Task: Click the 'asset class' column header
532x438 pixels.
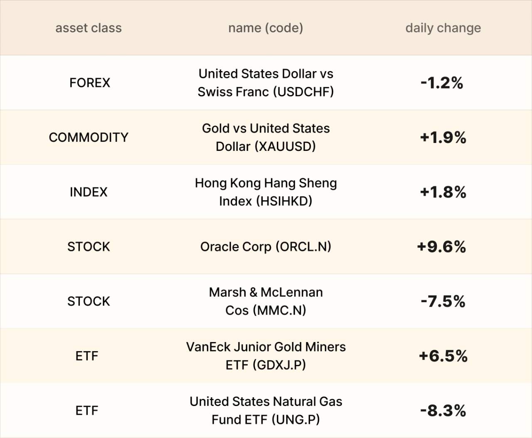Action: [x=89, y=28]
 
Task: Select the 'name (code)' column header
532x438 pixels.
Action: [x=266, y=28]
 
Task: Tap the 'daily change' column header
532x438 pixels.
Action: [x=443, y=28]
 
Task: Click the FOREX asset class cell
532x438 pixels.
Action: [x=90, y=83]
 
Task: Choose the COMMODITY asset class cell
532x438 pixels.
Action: [x=89, y=137]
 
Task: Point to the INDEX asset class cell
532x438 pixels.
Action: [x=89, y=192]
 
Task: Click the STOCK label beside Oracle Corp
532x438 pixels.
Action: [x=89, y=246]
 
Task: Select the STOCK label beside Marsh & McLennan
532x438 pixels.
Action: [x=89, y=301]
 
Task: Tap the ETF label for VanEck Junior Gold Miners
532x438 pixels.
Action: [x=87, y=356]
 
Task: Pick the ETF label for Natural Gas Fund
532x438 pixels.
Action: [x=87, y=411]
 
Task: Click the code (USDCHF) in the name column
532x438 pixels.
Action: [x=303, y=92]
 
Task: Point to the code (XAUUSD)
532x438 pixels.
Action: [x=285, y=147]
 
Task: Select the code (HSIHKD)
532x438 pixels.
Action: [x=284, y=201]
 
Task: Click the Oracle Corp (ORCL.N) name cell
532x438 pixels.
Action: [x=266, y=246]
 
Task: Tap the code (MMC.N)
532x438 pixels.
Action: [x=279, y=310]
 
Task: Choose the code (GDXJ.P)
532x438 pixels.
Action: [x=279, y=365]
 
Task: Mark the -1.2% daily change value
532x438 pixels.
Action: [x=442, y=83]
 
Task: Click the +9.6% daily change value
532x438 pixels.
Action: [x=442, y=246]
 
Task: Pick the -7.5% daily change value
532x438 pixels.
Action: [x=443, y=301]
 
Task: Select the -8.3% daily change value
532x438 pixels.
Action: [x=443, y=411]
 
